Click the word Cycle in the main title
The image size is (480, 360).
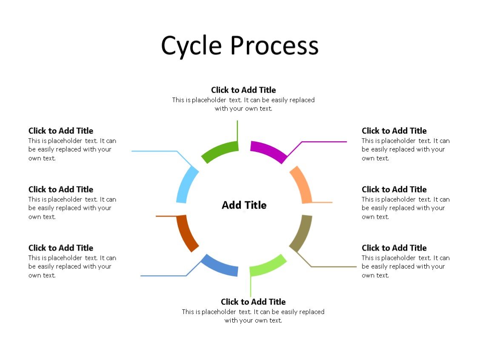pos(191,46)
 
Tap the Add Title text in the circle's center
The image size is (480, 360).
pos(244,205)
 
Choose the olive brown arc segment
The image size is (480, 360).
pos(302,232)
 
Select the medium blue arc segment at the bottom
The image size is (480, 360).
pos(219,266)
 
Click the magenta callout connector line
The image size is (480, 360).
pos(323,142)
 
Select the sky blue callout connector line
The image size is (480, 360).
pos(154,151)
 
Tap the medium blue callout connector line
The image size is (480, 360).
pos(163,276)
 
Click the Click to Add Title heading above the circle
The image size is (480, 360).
pos(243,90)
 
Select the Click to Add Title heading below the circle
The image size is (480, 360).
pos(253,302)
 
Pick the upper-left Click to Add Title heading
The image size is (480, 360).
pos(61,131)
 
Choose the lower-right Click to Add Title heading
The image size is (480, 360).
pos(394,248)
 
